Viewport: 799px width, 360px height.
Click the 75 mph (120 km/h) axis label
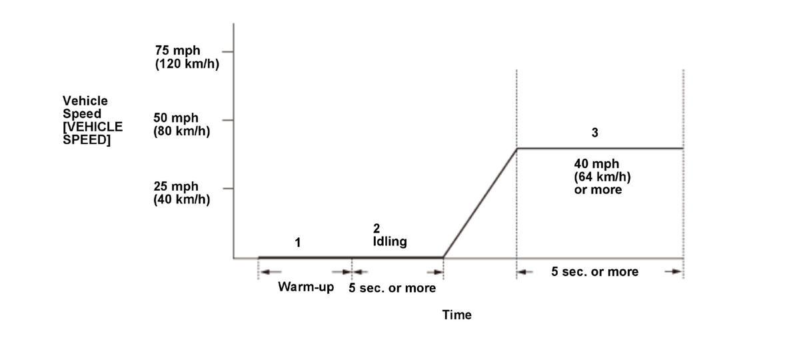(x=187, y=57)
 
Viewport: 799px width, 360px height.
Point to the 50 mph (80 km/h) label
(x=181, y=125)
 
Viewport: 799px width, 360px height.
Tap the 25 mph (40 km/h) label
(x=181, y=193)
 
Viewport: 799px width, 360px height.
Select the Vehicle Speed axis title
(x=92, y=121)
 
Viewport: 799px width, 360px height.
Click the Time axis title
(x=456, y=315)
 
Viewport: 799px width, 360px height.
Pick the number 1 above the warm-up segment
(x=298, y=243)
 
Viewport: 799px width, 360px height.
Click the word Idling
(x=390, y=241)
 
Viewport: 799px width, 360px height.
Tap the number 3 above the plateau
(x=594, y=133)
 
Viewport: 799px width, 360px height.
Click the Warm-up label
(x=306, y=287)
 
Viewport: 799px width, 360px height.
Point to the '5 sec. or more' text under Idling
(x=393, y=288)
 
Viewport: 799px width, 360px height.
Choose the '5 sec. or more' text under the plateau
(x=594, y=271)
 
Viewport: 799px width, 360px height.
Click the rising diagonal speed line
(x=480, y=203)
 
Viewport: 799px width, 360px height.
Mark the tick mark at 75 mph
(x=227, y=51)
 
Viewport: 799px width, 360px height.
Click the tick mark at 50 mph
(x=227, y=120)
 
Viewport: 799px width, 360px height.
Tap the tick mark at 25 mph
(x=227, y=189)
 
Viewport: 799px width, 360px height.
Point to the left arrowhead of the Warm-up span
(x=266, y=271)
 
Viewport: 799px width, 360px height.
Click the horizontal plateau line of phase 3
(x=600, y=148)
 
